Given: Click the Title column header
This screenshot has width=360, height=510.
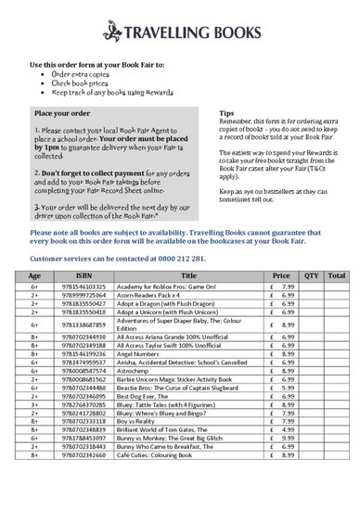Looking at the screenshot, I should click(x=189, y=275).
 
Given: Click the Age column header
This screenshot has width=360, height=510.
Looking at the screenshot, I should click(x=34, y=275).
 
